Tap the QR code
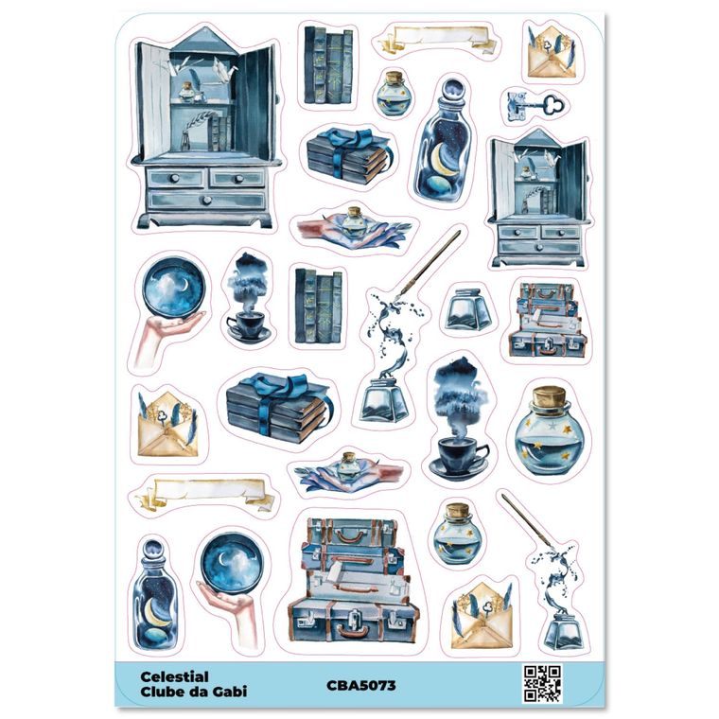pos(542,684)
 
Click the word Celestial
pos(174,676)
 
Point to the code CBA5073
pos(361,686)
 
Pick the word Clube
pos(161,691)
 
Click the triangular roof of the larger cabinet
pos(203,39)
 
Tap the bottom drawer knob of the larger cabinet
pos(207,200)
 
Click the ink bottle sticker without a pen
pos(467,310)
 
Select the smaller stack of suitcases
pos(548,320)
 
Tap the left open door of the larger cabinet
pos(152,101)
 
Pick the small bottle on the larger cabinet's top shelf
pos(185,92)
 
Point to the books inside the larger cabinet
pos(220,133)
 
